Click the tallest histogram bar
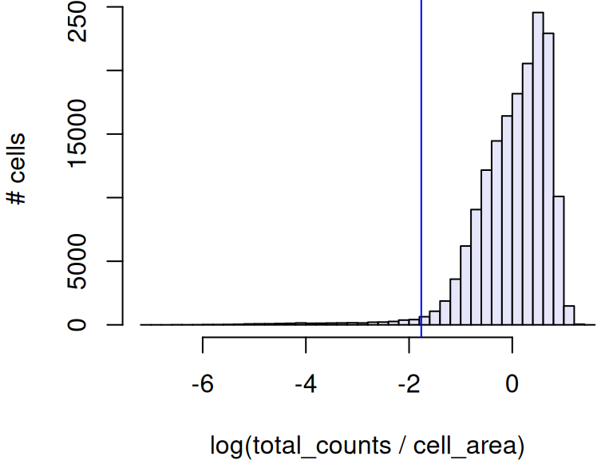pyautogui.click(x=538, y=168)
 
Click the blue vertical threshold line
pyautogui.click(x=421, y=160)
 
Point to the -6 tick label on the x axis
pyautogui.click(x=203, y=383)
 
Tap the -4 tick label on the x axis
pyautogui.click(x=306, y=383)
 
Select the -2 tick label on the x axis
pyautogui.click(x=409, y=383)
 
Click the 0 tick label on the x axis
pyautogui.click(x=512, y=383)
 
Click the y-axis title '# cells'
pyautogui.click(x=18, y=169)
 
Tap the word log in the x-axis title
pyautogui.click(x=228, y=444)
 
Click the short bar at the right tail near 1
pyautogui.click(x=569, y=315)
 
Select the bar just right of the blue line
pyautogui.click(x=425, y=320)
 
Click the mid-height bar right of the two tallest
pyautogui.click(x=559, y=260)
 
